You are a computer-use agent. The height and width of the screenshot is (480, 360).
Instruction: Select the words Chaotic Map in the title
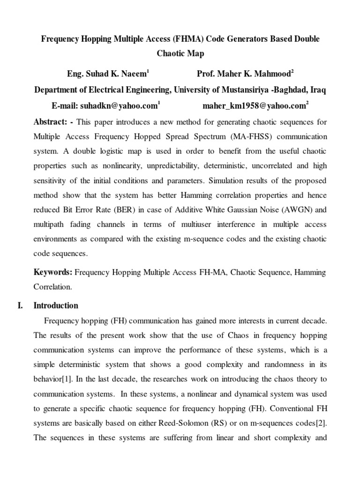pyautogui.click(x=180, y=54)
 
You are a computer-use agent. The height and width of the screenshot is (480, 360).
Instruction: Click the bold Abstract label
pyautogui.click(x=51, y=122)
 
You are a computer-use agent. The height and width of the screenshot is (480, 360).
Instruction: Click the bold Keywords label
pyautogui.click(x=53, y=272)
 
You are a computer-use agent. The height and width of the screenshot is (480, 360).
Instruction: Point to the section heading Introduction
pyautogui.click(x=56, y=306)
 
